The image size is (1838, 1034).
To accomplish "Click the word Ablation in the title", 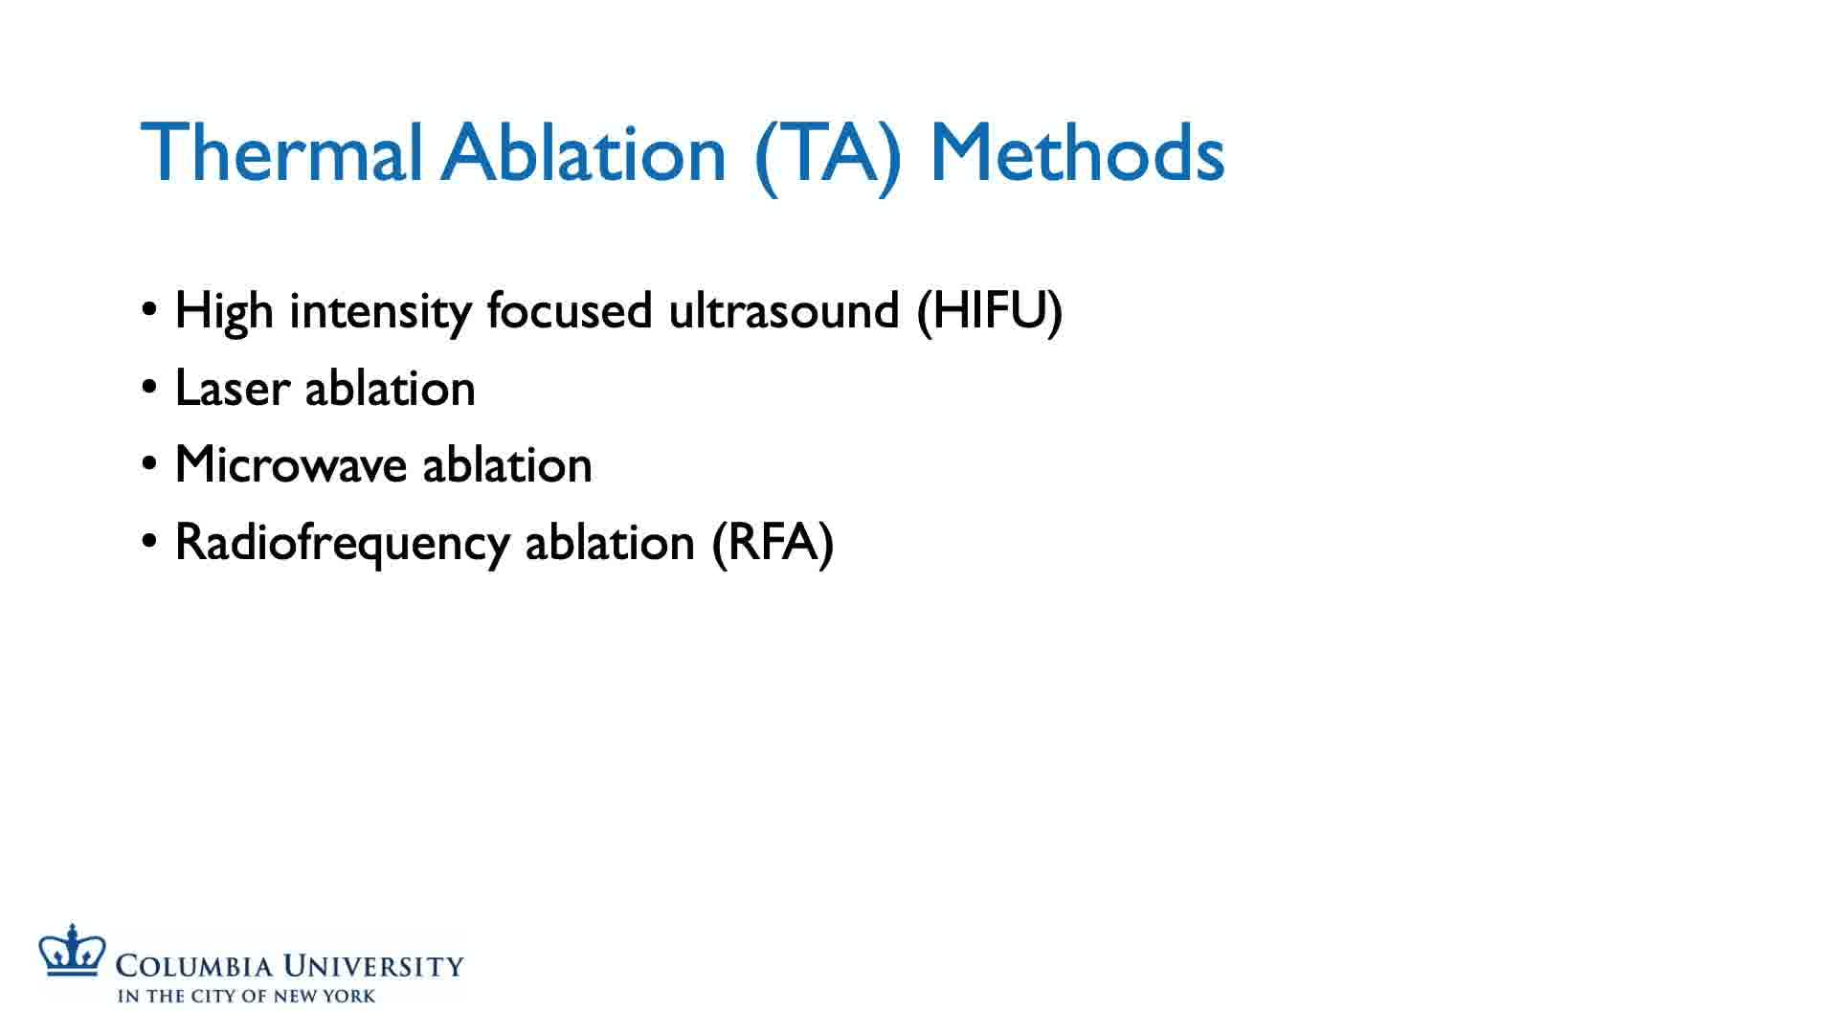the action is click(584, 153).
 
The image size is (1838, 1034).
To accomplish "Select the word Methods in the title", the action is click(1078, 153).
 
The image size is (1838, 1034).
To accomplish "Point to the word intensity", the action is click(380, 312).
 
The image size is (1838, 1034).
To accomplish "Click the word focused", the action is click(569, 310).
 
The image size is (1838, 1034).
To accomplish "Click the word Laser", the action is click(232, 389).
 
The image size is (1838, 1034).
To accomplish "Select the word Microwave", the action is click(291, 465).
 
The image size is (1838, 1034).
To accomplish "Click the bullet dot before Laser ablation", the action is click(149, 389).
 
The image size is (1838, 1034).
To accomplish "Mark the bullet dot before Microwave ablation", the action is click(149, 465).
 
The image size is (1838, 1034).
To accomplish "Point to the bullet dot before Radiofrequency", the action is click(149, 543).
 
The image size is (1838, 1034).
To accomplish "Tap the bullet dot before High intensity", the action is click(149, 311).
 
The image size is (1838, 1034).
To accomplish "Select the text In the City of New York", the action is click(247, 996).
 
